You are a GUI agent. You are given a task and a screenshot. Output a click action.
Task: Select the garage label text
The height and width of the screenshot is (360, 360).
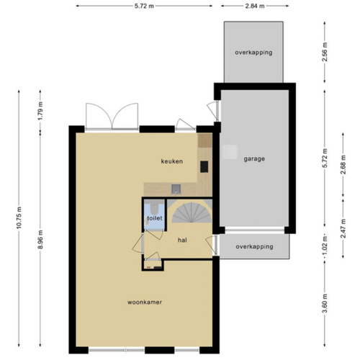click(254, 158)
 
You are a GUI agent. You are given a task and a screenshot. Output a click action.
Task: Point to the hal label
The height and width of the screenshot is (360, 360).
click(183, 235)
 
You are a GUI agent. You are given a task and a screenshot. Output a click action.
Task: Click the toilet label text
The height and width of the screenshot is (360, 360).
click(154, 217)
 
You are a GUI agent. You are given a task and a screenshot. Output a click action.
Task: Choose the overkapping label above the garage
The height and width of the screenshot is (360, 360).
click(253, 53)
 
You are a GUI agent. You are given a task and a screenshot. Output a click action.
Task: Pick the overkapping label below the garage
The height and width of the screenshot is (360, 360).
click(254, 246)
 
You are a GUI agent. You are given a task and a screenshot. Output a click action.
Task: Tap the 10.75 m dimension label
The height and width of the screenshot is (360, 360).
click(19, 216)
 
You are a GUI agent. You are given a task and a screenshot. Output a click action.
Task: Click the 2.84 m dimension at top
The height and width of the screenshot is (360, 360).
click(253, 6)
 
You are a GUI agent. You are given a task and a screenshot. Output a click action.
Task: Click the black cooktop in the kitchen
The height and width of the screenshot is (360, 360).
click(203, 167)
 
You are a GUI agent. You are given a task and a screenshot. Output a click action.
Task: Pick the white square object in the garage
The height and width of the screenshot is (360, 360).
click(230, 151)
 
